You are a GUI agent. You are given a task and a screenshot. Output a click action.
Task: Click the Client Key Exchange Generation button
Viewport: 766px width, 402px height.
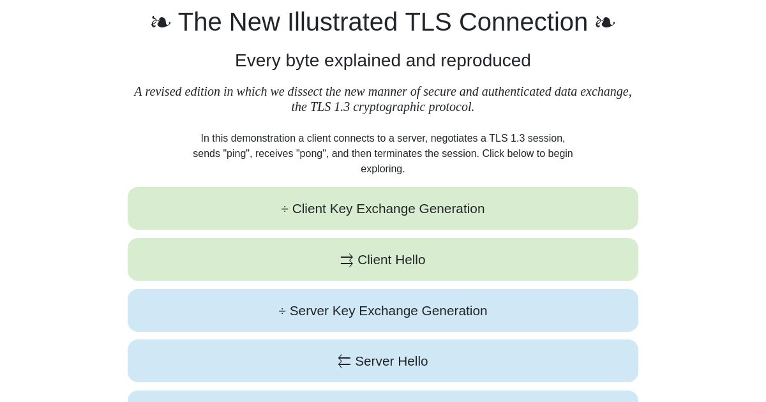[x=382, y=208]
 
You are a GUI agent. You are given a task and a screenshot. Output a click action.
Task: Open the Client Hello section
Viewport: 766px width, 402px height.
[x=382, y=260]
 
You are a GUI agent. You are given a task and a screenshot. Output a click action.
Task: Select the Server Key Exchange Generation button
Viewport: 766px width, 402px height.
[x=382, y=310]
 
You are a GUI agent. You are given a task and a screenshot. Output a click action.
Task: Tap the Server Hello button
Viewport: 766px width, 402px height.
[x=382, y=361]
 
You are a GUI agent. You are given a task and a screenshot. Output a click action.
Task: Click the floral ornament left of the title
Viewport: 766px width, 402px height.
[x=161, y=22]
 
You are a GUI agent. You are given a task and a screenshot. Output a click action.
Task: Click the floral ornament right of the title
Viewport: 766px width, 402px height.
[x=605, y=22]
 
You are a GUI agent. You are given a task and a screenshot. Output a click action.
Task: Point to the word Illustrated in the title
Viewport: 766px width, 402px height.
[x=343, y=22]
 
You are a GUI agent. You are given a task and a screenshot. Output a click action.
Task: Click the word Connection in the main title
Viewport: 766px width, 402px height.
[x=523, y=22]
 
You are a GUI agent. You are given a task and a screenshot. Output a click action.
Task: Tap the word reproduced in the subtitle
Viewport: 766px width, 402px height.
[x=486, y=61]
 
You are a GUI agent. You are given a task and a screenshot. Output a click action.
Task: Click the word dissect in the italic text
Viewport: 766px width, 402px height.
[x=305, y=92]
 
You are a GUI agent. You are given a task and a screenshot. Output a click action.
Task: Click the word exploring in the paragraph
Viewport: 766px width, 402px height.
[x=382, y=169]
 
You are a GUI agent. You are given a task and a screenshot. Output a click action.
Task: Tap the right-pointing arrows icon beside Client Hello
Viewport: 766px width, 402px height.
[x=347, y=260]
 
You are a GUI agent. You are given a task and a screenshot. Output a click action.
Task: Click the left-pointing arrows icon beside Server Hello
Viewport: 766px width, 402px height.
[x=344, y=362]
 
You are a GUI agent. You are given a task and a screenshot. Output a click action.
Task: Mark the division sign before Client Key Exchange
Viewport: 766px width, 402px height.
[x=285, y=209]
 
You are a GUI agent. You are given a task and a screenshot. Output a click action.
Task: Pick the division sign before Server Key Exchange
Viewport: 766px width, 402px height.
[x=282, y=311]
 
